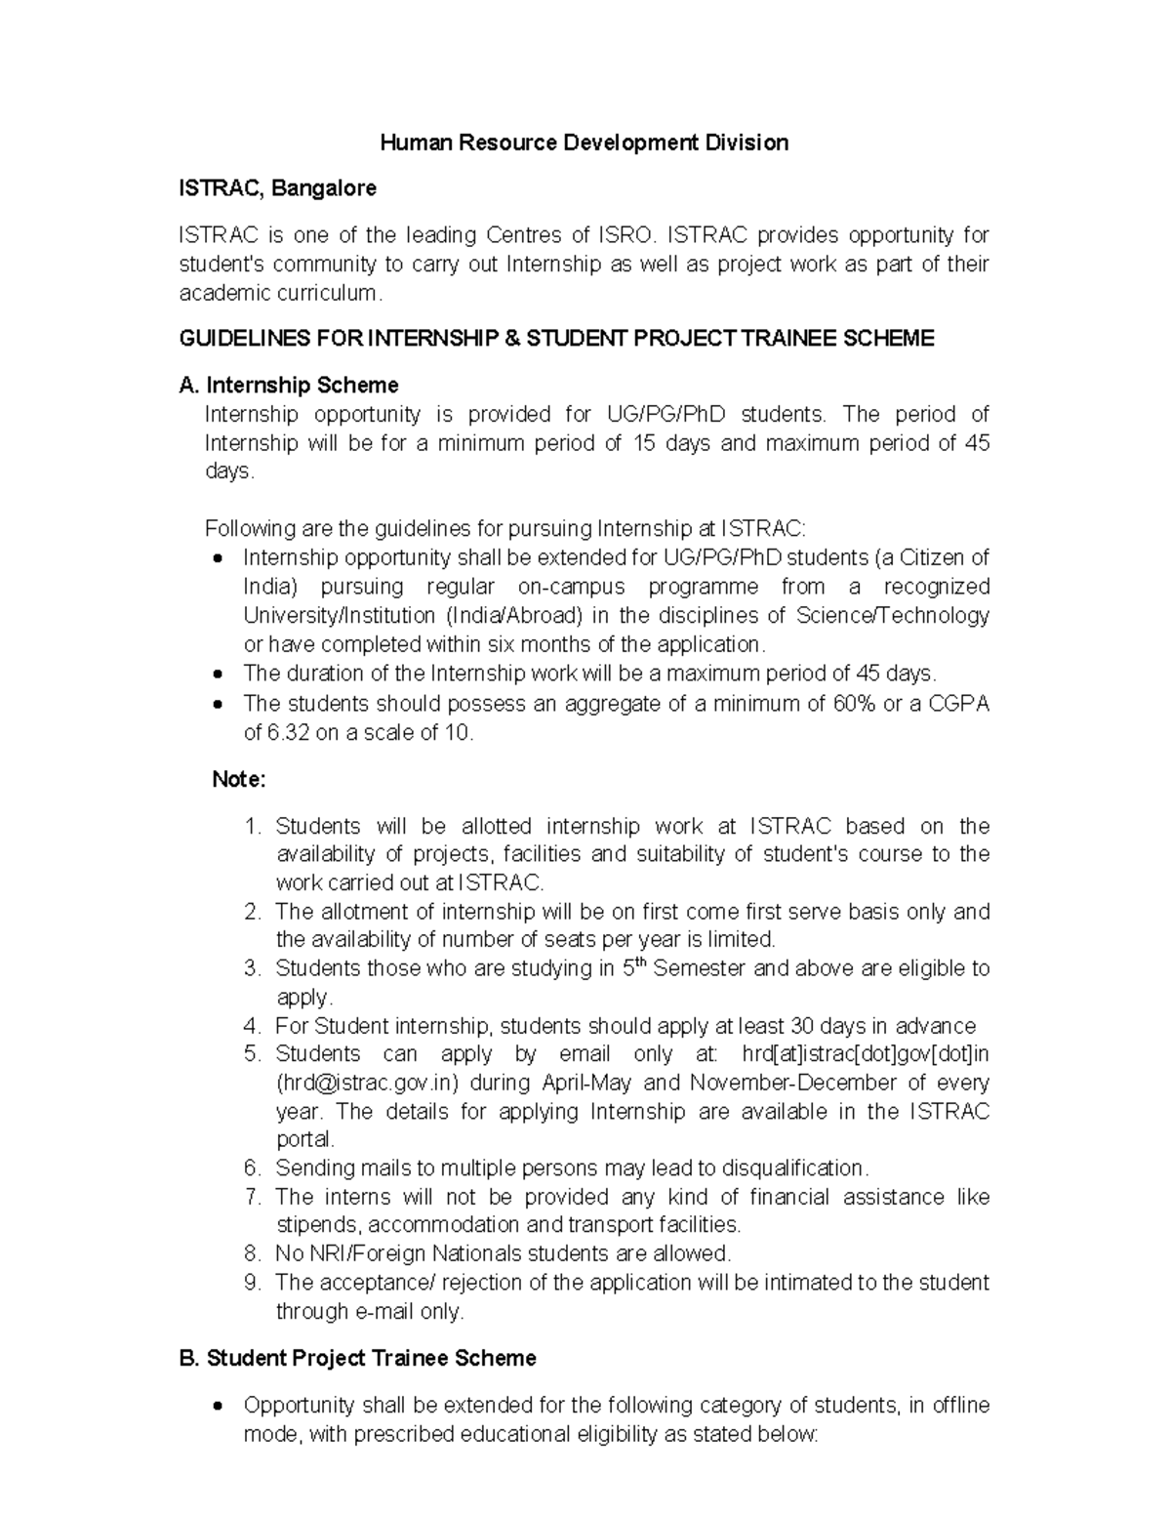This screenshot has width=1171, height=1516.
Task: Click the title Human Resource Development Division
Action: coord(584,143)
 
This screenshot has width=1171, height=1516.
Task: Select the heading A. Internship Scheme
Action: coord(289,386)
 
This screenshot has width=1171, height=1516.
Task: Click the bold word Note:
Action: coord(239,780)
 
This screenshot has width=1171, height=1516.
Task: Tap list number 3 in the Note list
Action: coord(253,968)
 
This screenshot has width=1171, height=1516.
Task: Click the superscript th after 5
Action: coord(639,963)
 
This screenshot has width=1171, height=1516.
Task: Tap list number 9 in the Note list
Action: coord(253,1283)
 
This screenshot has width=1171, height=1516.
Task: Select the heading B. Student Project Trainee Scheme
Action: coord(358,1359)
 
